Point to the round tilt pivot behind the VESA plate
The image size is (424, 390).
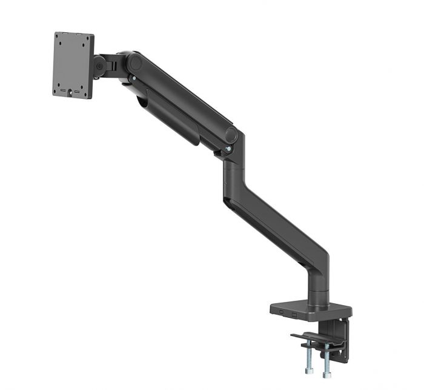(99, 66)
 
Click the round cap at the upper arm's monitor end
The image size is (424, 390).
(134, 62)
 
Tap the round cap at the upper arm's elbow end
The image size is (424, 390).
(231, 135)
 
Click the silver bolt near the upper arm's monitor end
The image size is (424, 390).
(131, 78)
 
